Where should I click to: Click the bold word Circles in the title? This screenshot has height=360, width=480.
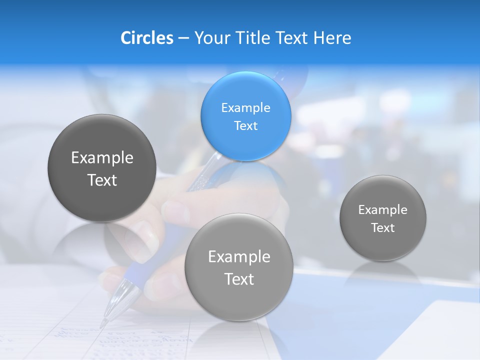[146, 37]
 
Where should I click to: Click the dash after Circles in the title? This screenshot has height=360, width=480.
[183, 38]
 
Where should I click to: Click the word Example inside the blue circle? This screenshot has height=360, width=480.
[245, 108]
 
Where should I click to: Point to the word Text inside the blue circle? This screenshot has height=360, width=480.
[245, 125]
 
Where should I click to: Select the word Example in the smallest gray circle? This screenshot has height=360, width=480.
[382, 210]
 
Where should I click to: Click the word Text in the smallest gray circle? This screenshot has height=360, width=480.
[382, 228]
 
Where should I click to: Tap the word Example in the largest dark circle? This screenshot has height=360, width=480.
[102, 158]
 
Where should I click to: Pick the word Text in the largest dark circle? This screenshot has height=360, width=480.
[102, 180]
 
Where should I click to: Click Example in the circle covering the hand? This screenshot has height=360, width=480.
[239, 257]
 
